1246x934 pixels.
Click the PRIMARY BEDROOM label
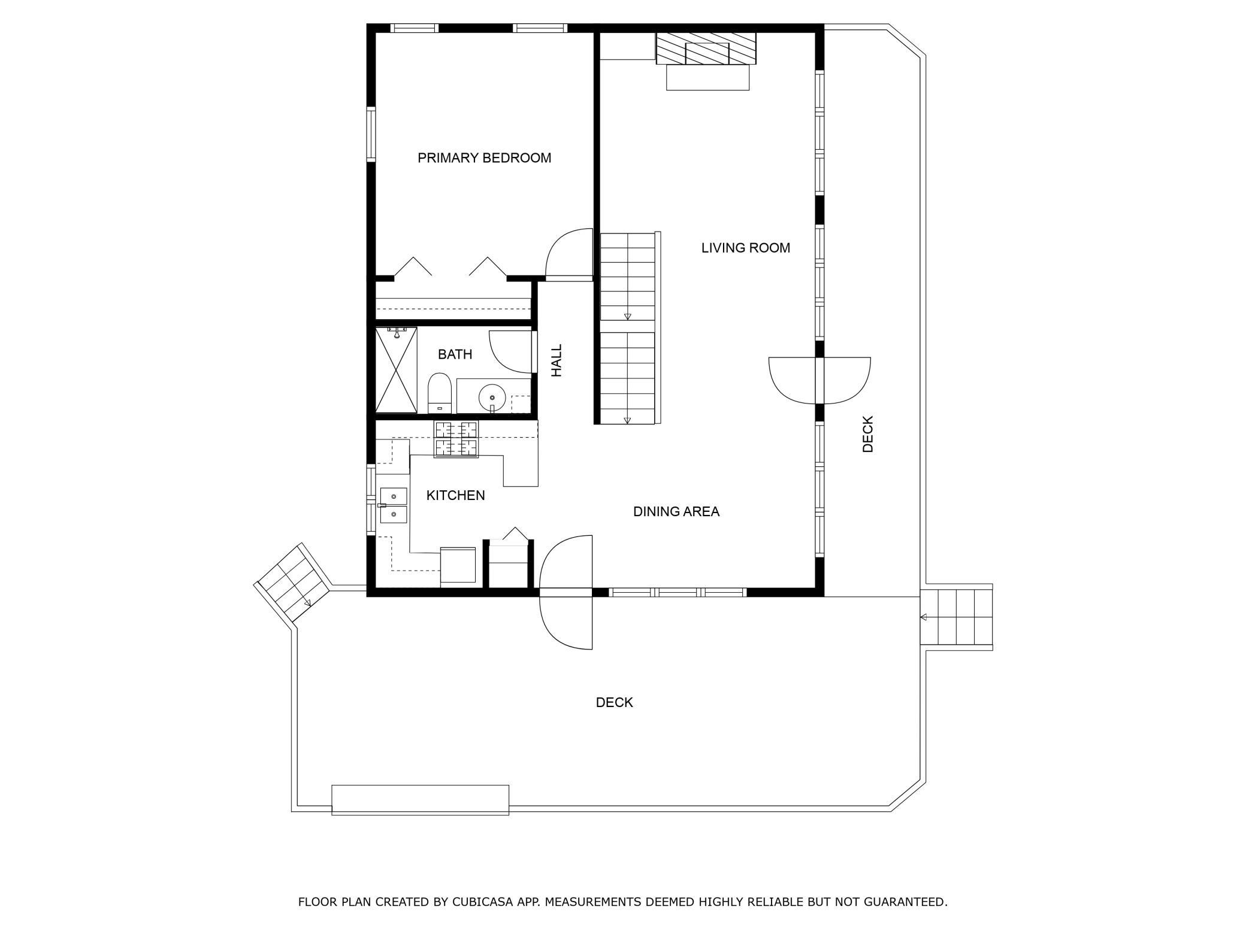(484, 158)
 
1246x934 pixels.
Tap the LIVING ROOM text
(746, 248)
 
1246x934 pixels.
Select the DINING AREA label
(676, 511)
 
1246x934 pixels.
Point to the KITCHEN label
(455, 495)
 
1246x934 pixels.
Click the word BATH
(455, 354)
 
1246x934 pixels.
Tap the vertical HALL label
(557, 360)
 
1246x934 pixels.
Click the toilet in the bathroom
(440, 393)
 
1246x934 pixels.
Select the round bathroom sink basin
(492, 397)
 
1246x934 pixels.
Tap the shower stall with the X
(396, 370)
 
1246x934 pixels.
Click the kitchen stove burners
(456, 439)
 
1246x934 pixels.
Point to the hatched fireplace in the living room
(706, 48)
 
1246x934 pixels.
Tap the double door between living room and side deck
(819, 381)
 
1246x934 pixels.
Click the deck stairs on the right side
(957, 617)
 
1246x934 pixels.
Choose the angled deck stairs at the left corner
(294, 583)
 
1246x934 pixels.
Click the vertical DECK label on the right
(868, 434)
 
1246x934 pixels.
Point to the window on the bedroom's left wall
(371, 134)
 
